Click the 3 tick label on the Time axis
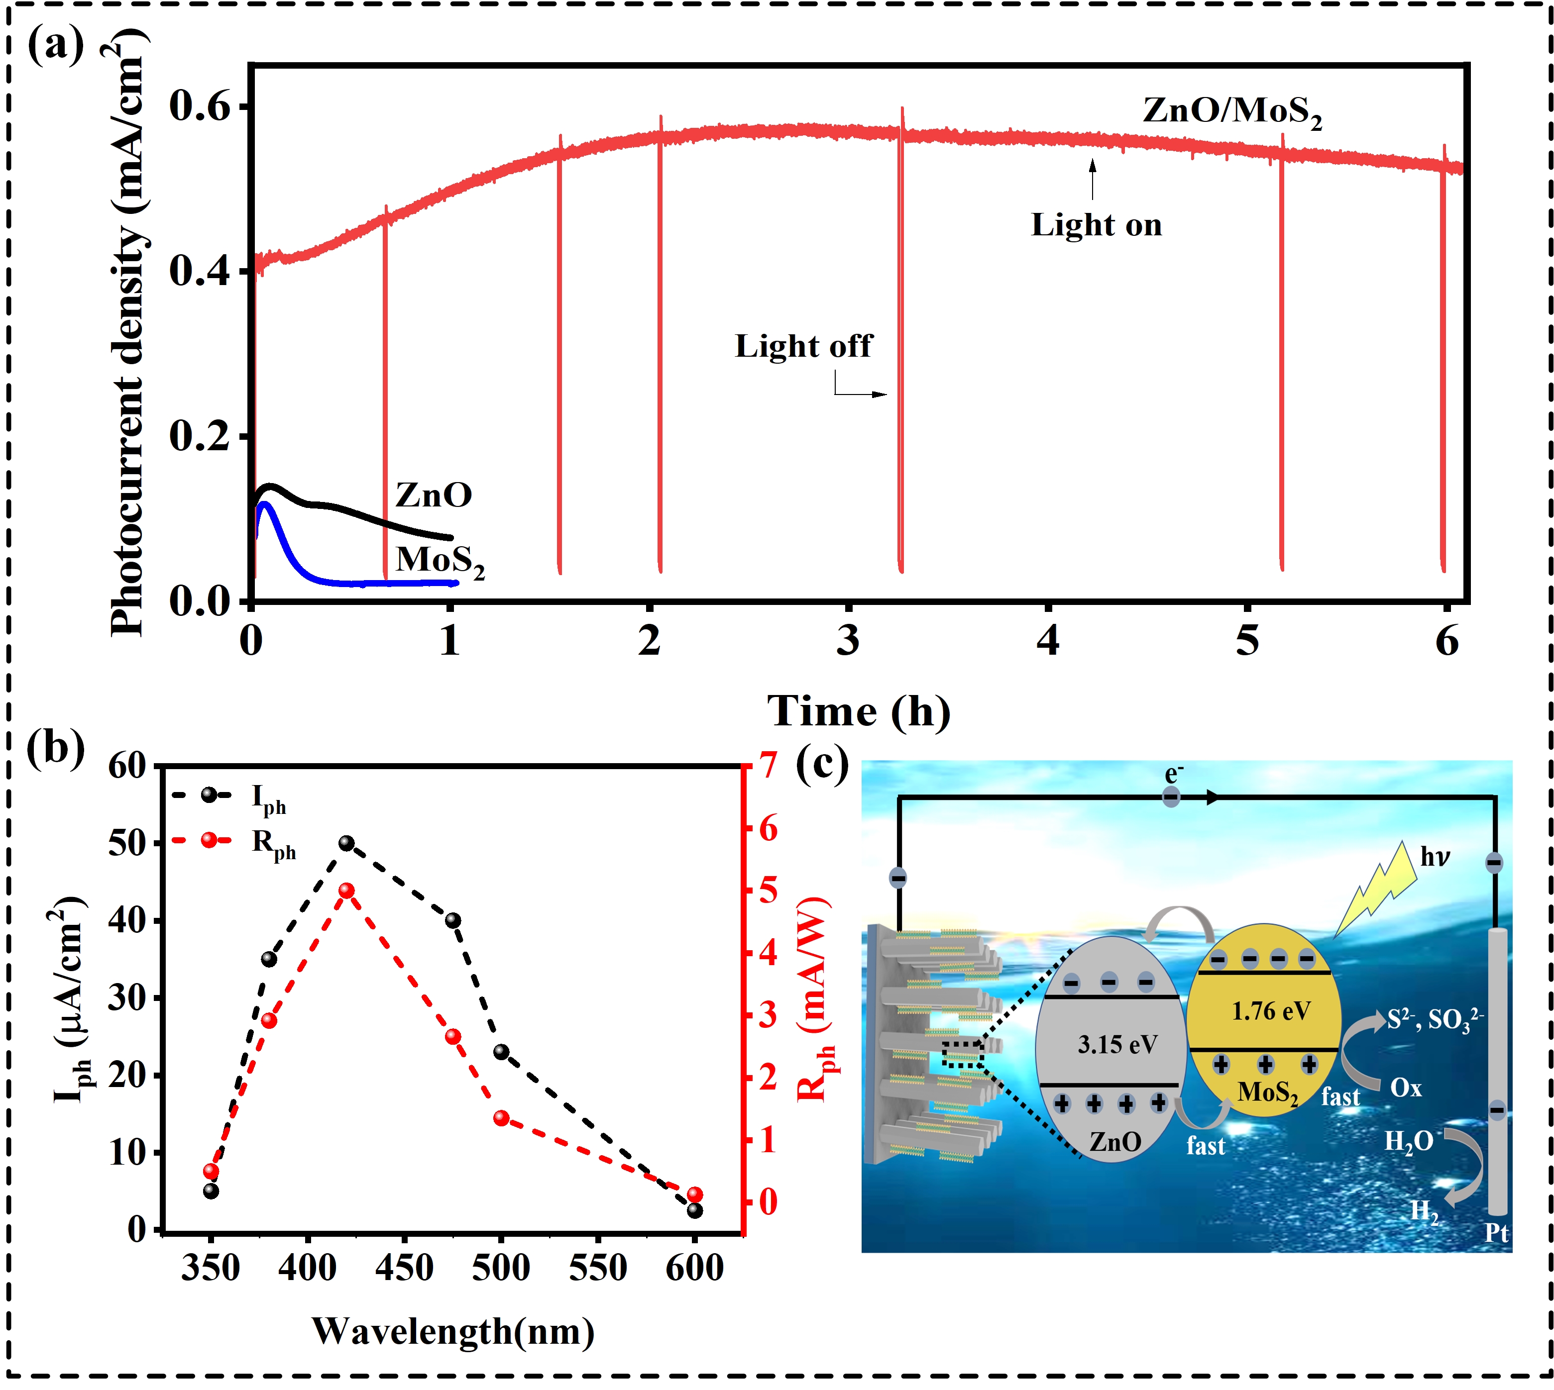[x=848, y=640]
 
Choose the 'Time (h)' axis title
[x=859, y=712]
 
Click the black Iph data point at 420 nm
[x=346, y=843]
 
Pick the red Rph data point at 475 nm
[x=453, y=1036]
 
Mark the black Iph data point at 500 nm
[x=501, y=1052]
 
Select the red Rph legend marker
[x=209, y=840]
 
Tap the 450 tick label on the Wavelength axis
[x=404, y=1269]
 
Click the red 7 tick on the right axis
[x=767, y=765]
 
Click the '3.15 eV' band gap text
[x=1117, y=1045]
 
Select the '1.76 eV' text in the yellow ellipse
[x=1271, y=1011]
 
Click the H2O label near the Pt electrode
[x=1408, y=1142]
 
